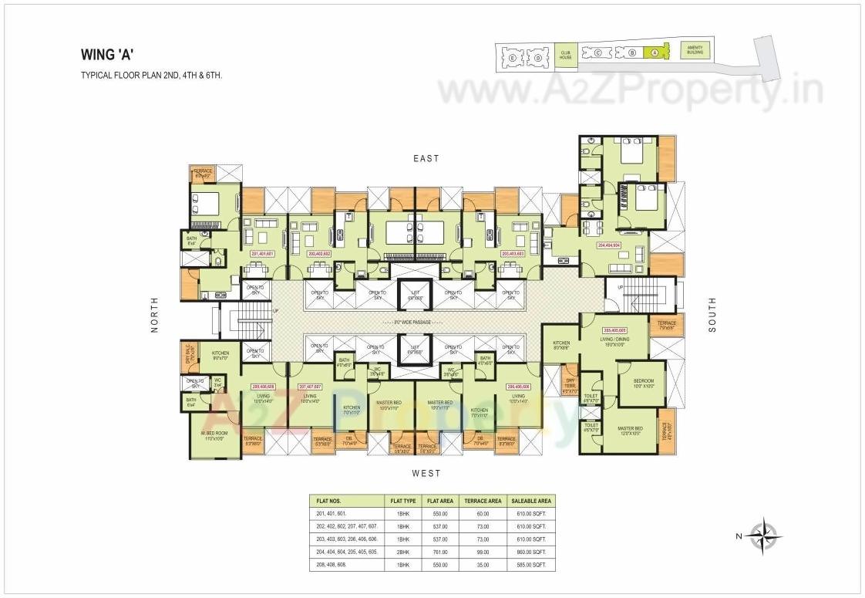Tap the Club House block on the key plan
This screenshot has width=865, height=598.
pos(566,54)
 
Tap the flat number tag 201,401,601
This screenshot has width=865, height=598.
pos(263,253)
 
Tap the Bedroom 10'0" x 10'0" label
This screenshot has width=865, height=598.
pos(644,383)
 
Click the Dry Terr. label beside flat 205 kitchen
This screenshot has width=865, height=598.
pos(570,385)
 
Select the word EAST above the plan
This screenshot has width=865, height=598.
pos(426,158)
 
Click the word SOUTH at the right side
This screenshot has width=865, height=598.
pos(712,315)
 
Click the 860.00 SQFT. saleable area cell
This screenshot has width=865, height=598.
pos(530,552)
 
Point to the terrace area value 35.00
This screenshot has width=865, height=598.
pos(483,566)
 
